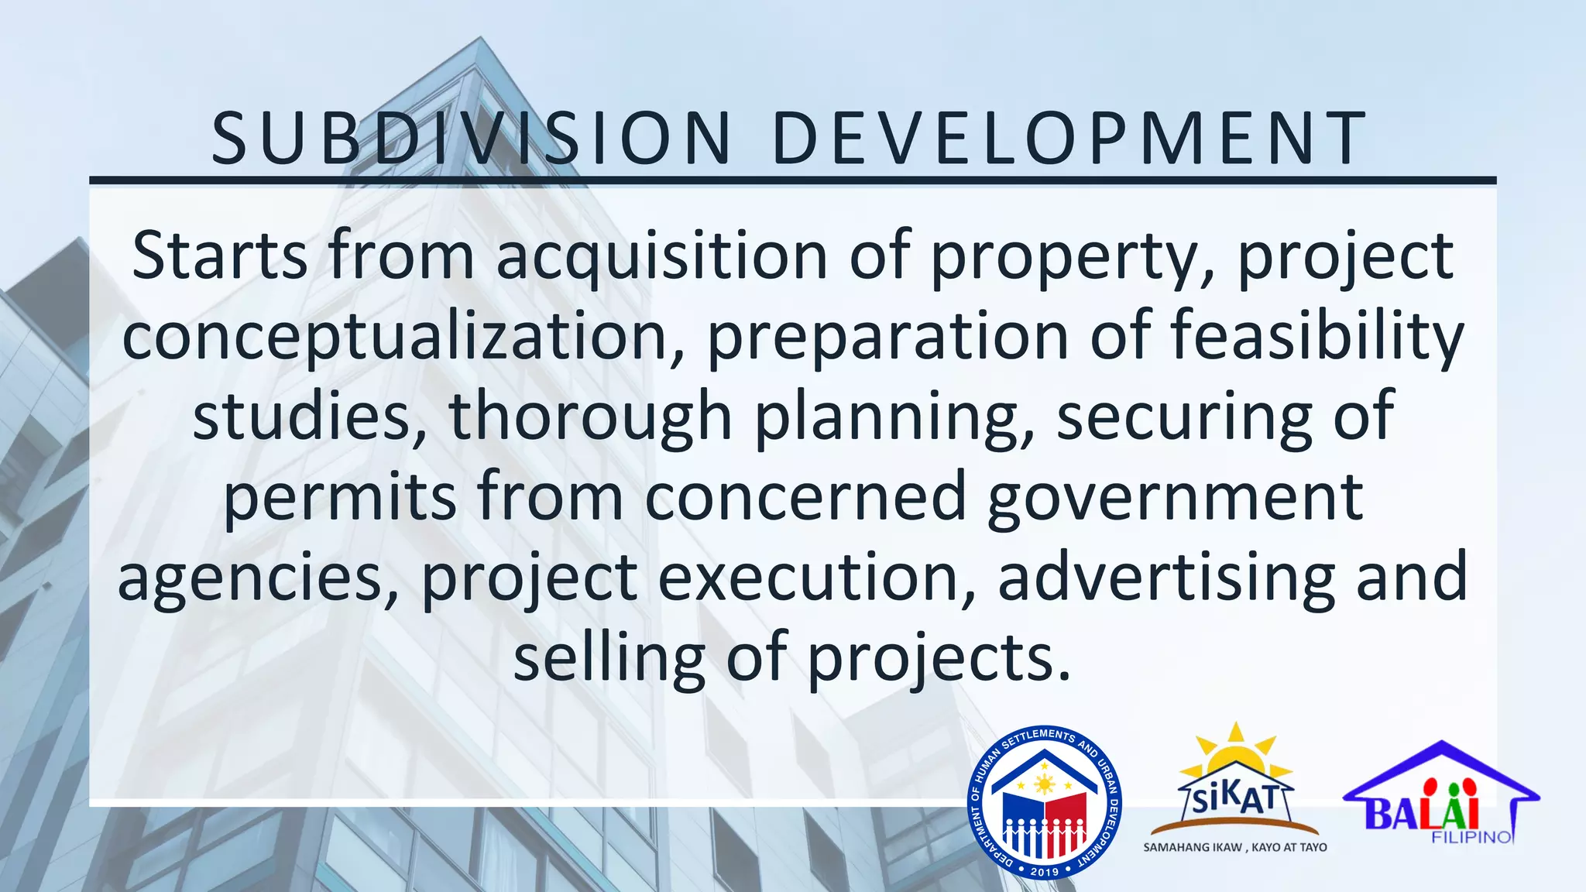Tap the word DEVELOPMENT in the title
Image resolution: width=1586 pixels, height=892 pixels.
(1069, 139)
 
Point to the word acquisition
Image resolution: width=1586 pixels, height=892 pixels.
(662, 257)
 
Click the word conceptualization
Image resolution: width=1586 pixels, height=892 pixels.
(395, 338)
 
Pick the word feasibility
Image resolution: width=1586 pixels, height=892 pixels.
(1317, 336)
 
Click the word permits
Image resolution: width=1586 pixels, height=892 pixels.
(340, 498)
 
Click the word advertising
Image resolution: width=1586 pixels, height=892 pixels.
(1166, 578)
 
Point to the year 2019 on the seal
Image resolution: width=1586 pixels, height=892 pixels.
(1045, 872)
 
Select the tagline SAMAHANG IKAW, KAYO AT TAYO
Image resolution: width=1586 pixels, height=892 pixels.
(1235, 848)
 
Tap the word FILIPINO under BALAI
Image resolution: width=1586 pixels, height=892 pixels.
(1472, 838)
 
